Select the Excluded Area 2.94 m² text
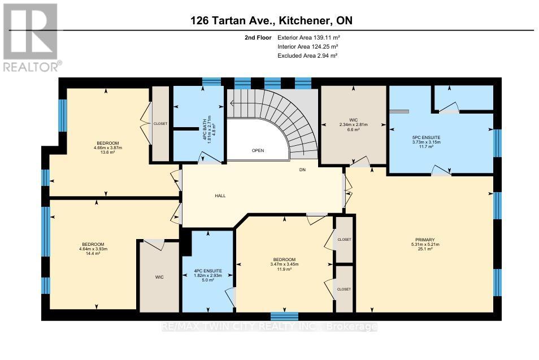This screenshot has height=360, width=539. pos(307,56)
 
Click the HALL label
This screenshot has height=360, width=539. pos(220,196)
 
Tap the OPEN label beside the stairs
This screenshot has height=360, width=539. pos(258,150)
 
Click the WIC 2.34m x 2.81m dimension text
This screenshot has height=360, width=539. pos(354,124)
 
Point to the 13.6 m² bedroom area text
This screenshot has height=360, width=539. pos(107,153)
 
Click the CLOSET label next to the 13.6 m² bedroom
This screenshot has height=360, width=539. pos(160,123)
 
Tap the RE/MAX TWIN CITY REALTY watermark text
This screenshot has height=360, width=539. pos(269,327)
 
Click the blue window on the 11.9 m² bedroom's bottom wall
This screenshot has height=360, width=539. pos(284,316)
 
